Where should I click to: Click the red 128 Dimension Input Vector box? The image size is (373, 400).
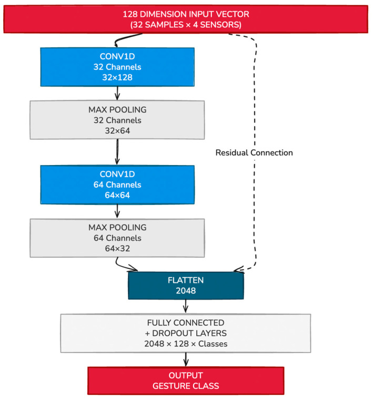[x=186, y=19]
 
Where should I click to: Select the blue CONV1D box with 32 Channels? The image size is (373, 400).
[x=117, y=67]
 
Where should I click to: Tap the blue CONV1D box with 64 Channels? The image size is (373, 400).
[x=117, y=184]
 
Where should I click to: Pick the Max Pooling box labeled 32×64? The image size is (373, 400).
[x=117, y=120]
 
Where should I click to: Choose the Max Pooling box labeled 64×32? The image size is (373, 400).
[x=117, y=238]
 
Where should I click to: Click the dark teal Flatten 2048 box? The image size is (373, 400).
[x=186, y=285]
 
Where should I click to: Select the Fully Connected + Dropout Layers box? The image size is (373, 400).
[x=186, y=333]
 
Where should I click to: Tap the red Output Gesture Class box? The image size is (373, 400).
[x=186, y=381]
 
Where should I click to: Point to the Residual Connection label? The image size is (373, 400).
[x=254, y=152]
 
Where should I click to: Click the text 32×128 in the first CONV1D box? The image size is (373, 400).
[x=117, y=77]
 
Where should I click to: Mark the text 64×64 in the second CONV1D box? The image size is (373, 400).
[x=117, y=195]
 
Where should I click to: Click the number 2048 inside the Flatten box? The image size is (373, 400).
[x=186, y=291]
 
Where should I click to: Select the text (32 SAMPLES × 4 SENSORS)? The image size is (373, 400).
[x=186, y=25]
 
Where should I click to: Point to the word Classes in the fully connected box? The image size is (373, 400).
[x=213, y=344]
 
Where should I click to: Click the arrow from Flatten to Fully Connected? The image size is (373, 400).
[x=186, y=306]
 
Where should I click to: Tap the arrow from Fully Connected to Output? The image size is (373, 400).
[x=186, y=359]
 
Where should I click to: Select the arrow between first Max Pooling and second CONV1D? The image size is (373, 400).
[x=117, y=152]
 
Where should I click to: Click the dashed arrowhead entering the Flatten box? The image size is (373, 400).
[x=239, y=270]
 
